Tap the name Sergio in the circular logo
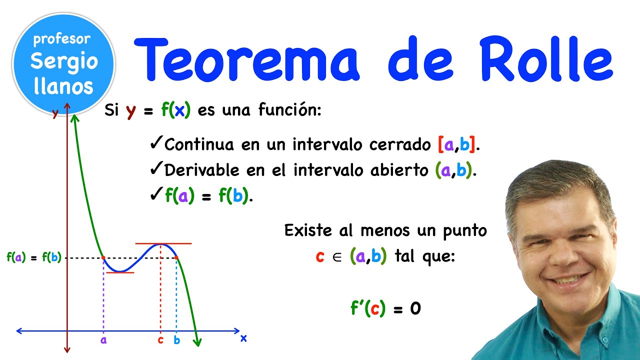63,61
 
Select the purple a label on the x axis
103,340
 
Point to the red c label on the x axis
160,340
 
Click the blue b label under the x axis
176,340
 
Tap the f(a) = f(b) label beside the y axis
34,258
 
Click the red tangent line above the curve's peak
163,243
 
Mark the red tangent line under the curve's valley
120,272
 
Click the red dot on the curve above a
103,258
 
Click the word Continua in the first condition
199,145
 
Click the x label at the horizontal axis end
243,338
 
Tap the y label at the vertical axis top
55,113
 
